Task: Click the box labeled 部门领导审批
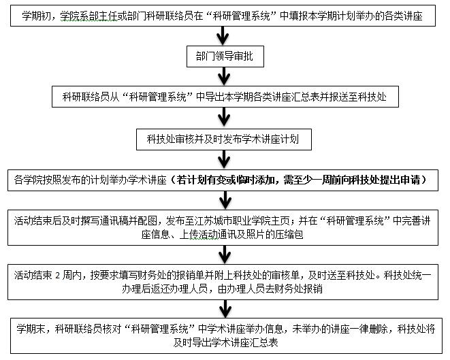coord(225,56)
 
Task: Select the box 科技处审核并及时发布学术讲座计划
coord(224,140)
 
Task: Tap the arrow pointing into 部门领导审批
coord(223,36)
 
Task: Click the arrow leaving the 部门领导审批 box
coord(224,77)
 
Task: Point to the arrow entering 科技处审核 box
coord(224,118)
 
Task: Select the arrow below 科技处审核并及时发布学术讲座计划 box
coord(224,160)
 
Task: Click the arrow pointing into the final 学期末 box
coord(225,309)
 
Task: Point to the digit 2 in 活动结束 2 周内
coord(58,276)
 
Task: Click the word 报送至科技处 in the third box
coord(358,97)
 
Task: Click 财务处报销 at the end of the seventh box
coord(298,289)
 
